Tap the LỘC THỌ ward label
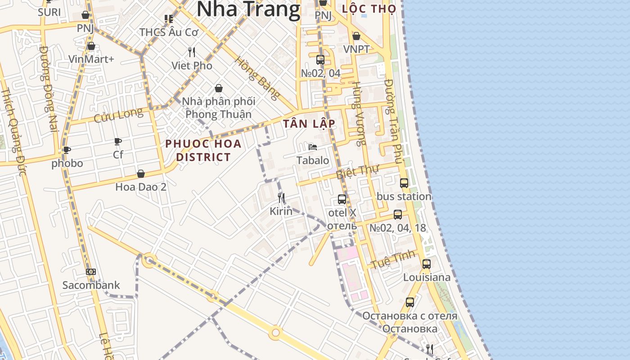click(x=369, y=9)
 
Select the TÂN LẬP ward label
click(x=309, y=124)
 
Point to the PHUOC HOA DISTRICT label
click(x=203, y=150)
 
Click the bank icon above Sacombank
click(x=91, y=272)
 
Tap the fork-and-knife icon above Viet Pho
click(x=192, y=52)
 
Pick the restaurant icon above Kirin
click(x=281, y=198)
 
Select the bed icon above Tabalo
click(x=313, y=147)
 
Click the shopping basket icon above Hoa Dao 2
click(x=141, y=174)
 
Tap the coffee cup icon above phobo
click(x=67, y=150)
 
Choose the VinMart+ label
click(x=91, y=59)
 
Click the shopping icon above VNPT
click(x=356, y=36)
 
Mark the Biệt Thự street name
click(x=358, y=171)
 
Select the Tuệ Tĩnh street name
click(x=387, y=260)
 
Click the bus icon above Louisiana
click(x=427, y=264)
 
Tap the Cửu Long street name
click(x=118, y=115)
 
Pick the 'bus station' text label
click(x=404, y=197)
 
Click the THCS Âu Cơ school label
click(x=169, y=32)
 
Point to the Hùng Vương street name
click(x=359, y=114)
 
